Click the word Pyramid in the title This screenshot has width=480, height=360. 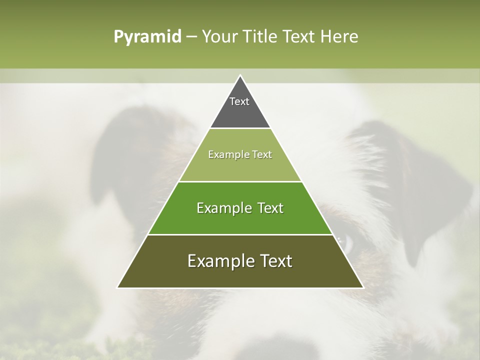(x=147, y=37)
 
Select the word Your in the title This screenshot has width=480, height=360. (x=218, y=36)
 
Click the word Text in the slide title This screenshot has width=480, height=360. (x=299, y=36)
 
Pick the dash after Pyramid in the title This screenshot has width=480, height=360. (x=191, y=37)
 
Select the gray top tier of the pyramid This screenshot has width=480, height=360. (x=240, y=112)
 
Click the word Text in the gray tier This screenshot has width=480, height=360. (x=239, y=101)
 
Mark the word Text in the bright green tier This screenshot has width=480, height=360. (x=270, y=208)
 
